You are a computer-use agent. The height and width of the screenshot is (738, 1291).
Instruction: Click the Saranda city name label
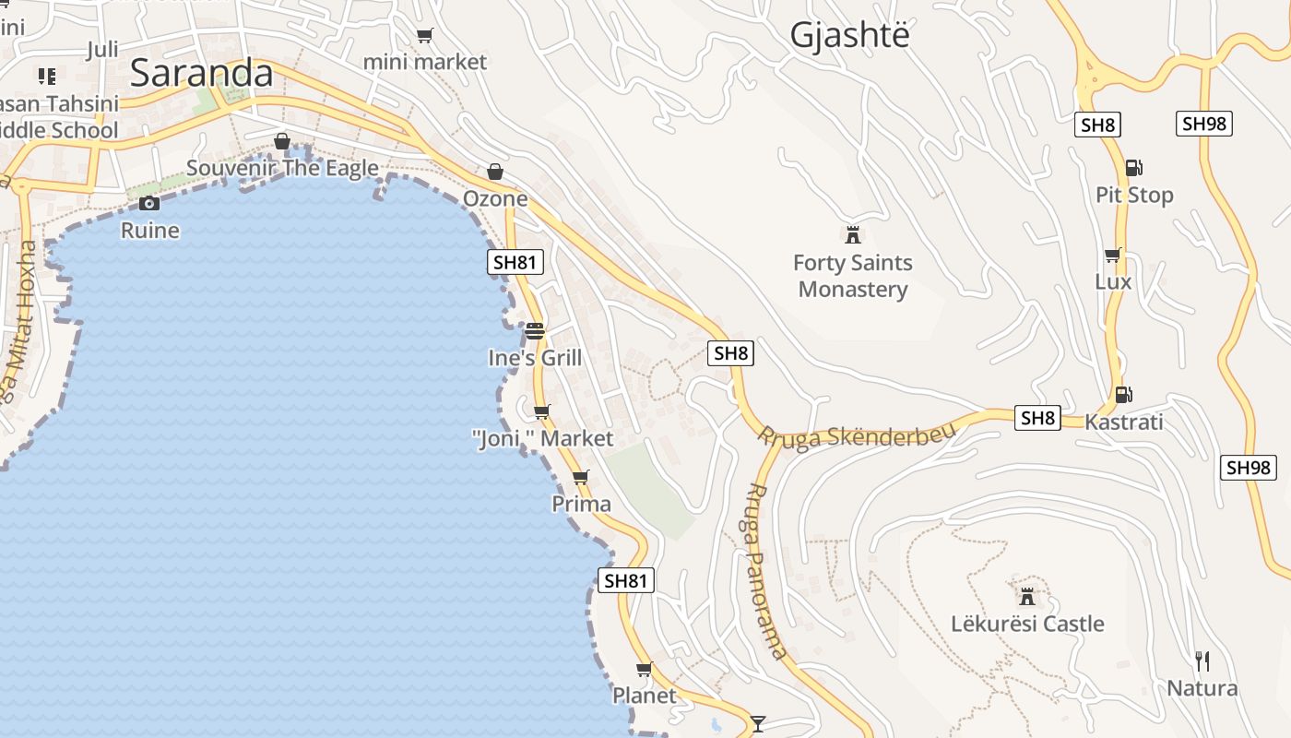[202, 74]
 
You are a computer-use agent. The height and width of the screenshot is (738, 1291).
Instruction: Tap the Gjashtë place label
[849, 35]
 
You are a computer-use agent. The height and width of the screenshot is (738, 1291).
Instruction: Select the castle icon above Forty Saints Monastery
[853, 234]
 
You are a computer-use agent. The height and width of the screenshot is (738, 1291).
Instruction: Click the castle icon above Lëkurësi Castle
[1027, 595]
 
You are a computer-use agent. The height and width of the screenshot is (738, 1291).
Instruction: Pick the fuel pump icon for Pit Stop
[1133, 168]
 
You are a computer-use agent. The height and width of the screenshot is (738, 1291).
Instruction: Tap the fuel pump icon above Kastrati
[1123, 395]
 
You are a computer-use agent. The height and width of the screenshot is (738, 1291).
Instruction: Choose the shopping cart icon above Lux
[1113, 255]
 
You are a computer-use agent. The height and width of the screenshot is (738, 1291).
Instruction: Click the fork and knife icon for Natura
[1202, 661]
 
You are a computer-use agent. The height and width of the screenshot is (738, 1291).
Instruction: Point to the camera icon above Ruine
[149, 203]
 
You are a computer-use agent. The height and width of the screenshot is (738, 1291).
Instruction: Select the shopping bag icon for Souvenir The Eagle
[282, 141]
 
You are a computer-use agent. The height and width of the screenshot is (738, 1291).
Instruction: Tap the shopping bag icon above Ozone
[495, 172]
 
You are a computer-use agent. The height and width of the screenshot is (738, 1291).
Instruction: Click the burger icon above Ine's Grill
[535, 331]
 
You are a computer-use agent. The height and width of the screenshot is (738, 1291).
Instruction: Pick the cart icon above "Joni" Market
[542, 411]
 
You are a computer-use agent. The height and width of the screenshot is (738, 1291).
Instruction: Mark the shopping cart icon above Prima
[580, 477]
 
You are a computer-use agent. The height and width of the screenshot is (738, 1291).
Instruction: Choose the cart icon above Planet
[645, 669]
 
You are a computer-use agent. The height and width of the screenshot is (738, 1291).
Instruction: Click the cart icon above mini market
[424, 36]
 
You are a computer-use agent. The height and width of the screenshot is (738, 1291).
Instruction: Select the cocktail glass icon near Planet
[758, 723]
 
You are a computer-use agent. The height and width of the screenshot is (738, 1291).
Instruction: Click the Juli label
[102, 50]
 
